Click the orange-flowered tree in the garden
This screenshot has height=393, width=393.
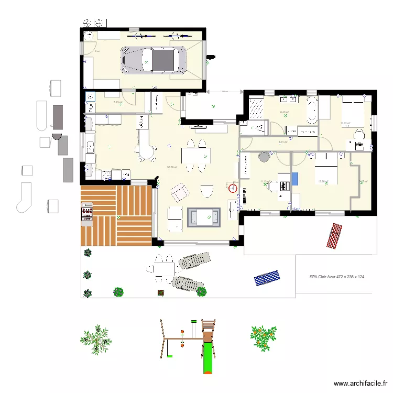click(263, 337)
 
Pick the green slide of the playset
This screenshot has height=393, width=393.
click(208, 357)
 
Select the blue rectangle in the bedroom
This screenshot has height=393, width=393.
click(294, 178)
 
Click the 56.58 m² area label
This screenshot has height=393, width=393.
click(172, 168)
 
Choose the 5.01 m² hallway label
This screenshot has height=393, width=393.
click(283, 142)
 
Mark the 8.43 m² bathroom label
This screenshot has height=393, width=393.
click(285, 112)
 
